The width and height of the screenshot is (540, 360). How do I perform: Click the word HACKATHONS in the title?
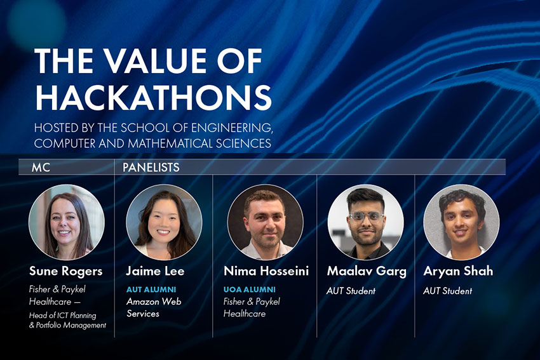pyautogui.click(x=153, y=97)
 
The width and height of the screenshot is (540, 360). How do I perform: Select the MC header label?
pyautogui.click(x=41, y=168)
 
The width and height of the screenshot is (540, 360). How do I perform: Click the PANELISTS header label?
pyautogui.click(x=151, y=168)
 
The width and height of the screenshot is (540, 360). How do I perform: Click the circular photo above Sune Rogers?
pyautogui.click(x=66, y=222)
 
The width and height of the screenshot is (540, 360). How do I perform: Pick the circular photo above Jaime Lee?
pyautogui.click(x=164, y=222)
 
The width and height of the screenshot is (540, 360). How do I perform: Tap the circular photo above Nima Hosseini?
pyautogui.click(x=265, y=222)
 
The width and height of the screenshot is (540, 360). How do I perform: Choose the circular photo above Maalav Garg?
pyautogui.click(x=365, y=222)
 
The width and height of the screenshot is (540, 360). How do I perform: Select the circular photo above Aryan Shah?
pyautogui.click(x=461, y=222)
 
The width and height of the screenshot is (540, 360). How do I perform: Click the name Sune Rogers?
pyautogui.click(x=66, y=271)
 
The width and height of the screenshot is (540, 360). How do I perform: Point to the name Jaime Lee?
pyautogui.click(x=155, y=271)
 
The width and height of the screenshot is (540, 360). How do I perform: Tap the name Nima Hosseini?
pyautogui.click(x=266, y=271)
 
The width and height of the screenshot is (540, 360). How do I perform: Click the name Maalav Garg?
pyautogui.click(x=367, y=271)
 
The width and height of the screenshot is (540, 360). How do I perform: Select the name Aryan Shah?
pyautogui.click(x=458, y=271)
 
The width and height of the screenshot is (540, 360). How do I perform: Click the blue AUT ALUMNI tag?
pyautogui.click(x=151, y=290)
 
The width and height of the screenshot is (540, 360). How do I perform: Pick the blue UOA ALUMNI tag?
pyautogui.click(x=249, y=290)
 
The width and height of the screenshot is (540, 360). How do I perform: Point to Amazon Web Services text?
pyautogui.click(x=153, y=307)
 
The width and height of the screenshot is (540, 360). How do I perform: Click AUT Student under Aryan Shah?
pyautogui.click(x=447, y=291)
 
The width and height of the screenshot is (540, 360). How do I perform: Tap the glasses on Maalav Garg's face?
pyautogui.click(x=365, y=216)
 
